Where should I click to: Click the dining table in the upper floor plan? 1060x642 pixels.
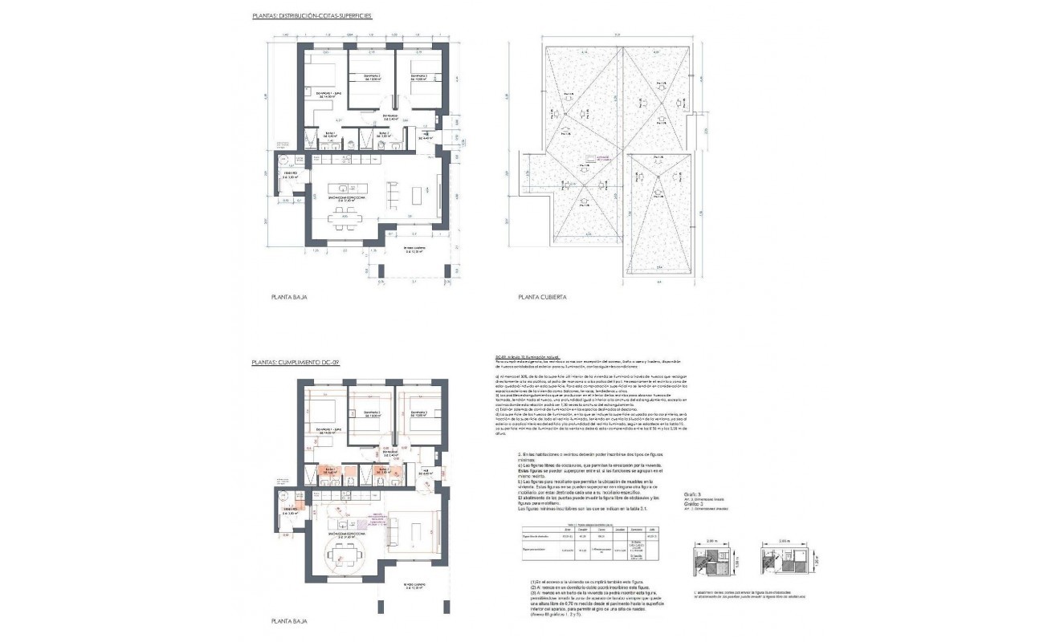[x=346, y=216]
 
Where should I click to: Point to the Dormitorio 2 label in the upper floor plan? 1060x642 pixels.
[x=369, y=78]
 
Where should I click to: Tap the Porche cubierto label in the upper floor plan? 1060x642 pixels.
[x=418, y=250]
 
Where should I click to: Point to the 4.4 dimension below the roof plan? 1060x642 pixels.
[x=658, y=282]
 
